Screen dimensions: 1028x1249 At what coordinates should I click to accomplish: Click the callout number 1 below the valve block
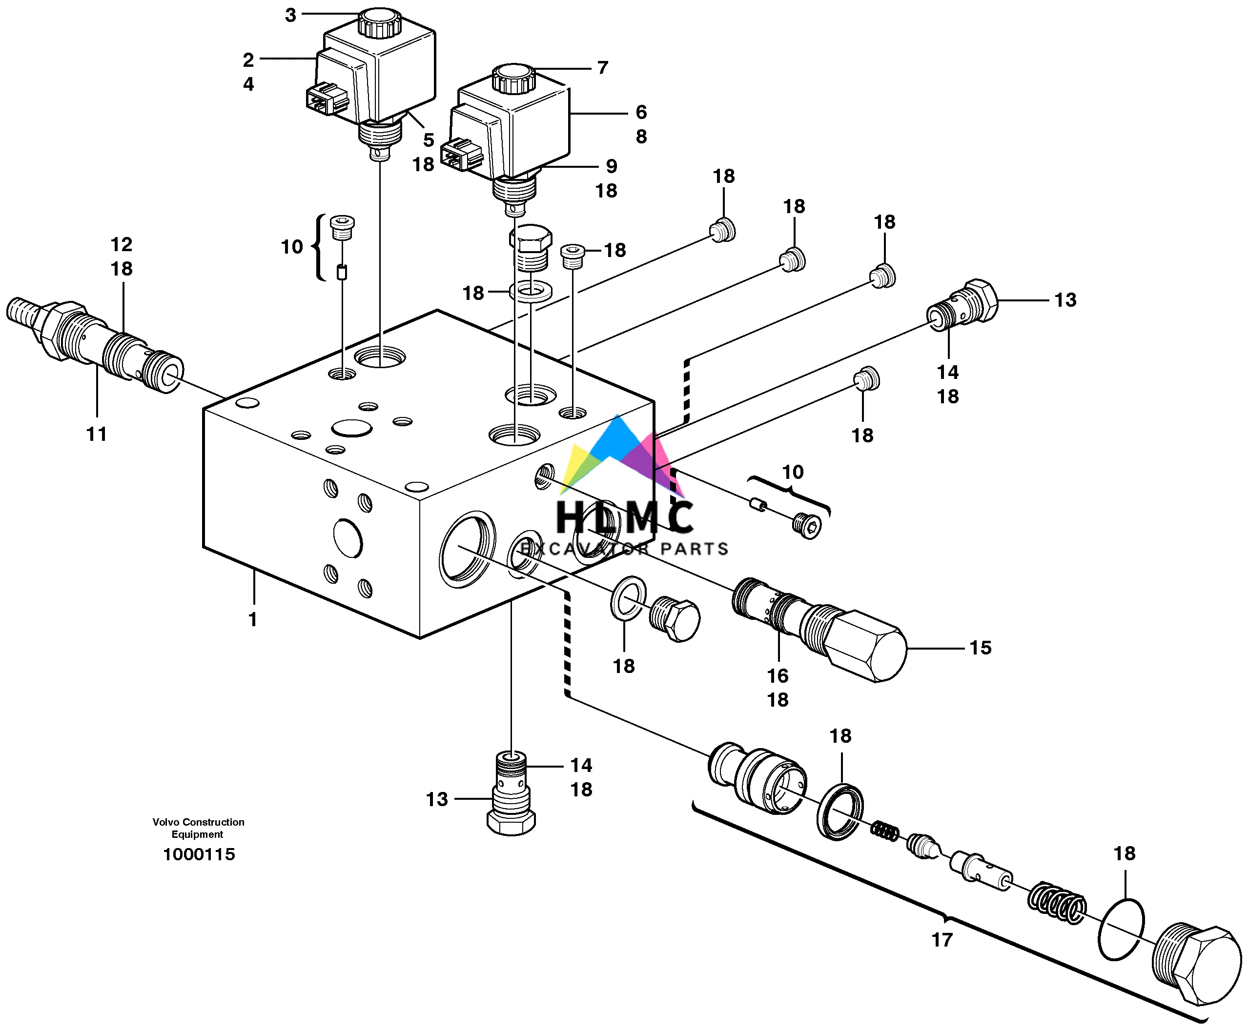tap(253, 619)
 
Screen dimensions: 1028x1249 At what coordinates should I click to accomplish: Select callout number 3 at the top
tap(290, 16)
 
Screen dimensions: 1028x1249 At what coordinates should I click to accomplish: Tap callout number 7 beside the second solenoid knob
tap(603, 68)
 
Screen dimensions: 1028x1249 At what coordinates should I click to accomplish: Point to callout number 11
tap(97, 434)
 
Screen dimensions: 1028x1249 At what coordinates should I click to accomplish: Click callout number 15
tap(980, 647)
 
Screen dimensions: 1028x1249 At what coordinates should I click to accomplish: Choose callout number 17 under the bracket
tap(942, 940)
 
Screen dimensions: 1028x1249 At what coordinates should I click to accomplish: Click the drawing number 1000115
tap(199, 854)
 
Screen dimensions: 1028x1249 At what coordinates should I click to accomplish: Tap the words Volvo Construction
tap(199, 822)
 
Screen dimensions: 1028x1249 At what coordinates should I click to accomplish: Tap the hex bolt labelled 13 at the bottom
tap(511, 820)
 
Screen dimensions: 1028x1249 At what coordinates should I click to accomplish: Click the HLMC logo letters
tap(625, 517)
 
